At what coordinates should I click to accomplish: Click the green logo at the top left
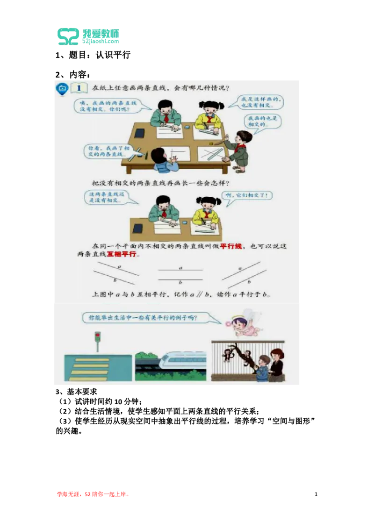point(88,36)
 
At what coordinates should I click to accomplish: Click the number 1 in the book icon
point(79,88)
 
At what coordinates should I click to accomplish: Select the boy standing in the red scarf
point(241,149)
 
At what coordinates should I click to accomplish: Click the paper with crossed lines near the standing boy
point(209,154)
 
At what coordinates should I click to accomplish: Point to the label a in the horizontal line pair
point(180,268)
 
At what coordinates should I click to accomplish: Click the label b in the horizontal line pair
point(180,282)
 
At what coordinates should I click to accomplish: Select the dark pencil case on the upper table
point(139,133)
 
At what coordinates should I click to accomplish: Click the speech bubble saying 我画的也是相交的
point(262,122)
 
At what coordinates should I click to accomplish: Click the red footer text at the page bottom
point(93,494)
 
